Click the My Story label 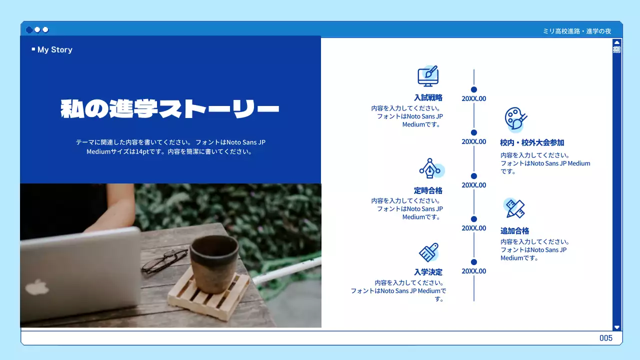[x=54, y=49]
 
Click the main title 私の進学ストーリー [x=170, y=109]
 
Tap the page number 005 [x=605, y=338]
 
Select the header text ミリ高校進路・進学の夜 [x=576, y=31]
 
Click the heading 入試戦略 [x=428, y=98]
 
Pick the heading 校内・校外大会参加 [x=532, y=142]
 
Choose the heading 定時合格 [x=428, y=190]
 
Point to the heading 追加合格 [x=514, y=231]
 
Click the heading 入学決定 [x=428, y=272]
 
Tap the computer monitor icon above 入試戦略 [x=428, y=76]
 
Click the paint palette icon [x=515, y=119]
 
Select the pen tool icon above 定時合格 [x=429, y=168]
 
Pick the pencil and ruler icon [x=514, y=208]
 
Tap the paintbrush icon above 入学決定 [x=428, y=252]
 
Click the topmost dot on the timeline [x=474, y=89]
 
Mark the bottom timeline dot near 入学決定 [x=474, y=262]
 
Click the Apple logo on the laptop [x=37, y=287]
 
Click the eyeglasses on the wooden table [x=164, y=261]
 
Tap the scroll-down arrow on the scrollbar [x=616, y=327]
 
